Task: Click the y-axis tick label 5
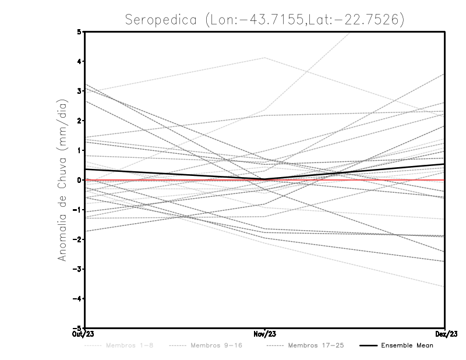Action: coord(79,31)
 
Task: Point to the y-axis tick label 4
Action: coord(79,61)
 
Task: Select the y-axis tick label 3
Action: coord(79,91)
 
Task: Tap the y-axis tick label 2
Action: coord(79,121)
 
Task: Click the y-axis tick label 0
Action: coord(79,180)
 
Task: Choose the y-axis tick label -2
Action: coord(77,239)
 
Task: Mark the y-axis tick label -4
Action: coord(77,298)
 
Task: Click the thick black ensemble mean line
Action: coord(175,174)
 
